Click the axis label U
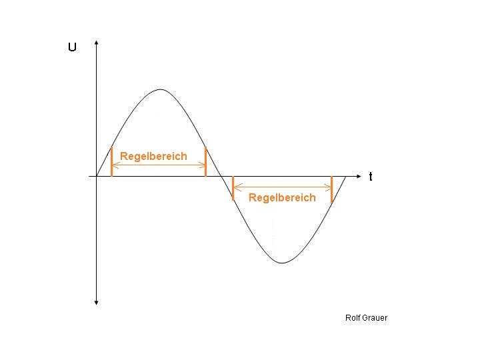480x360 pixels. (72, 47)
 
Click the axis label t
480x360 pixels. (371, 177)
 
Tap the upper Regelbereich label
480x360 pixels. (153, 157)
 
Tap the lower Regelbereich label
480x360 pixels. (282, 198)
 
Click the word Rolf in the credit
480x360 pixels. (353, 318)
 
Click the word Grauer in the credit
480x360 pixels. (375, 318)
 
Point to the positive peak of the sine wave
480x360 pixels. (161, 89)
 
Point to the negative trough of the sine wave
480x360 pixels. (282, 263)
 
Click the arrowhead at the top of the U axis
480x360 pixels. (97, 43)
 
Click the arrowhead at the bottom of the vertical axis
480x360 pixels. (97, 303)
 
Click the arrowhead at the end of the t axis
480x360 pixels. (359, 176)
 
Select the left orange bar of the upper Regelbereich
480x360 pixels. (112, 161)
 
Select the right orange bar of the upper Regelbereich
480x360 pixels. (206, 161)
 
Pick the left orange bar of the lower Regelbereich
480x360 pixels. (233, 188)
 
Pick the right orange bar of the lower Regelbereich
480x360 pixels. (331, 190)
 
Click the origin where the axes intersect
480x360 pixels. (97, 176)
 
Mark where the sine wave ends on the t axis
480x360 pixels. (345, 176)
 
